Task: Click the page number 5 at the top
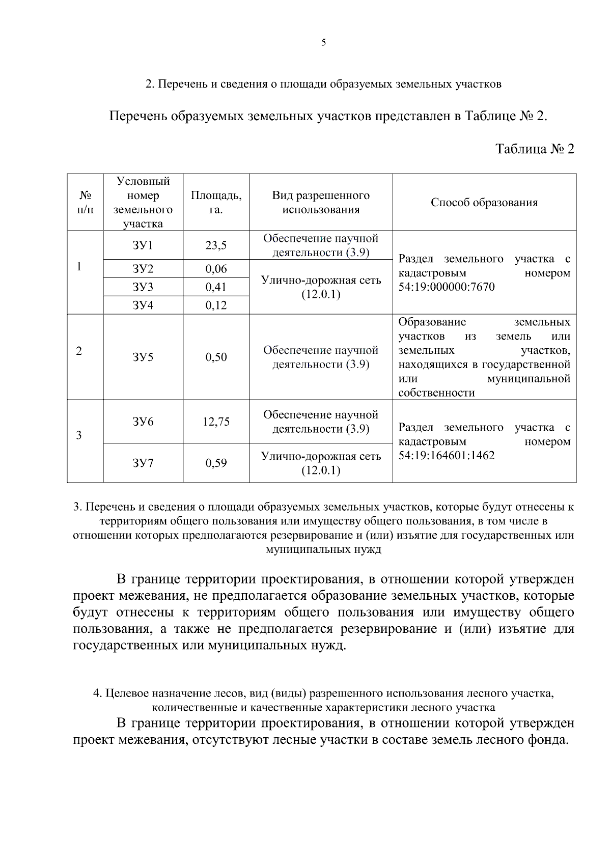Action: tap(323, 43)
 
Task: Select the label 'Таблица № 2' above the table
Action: tap(535, 149)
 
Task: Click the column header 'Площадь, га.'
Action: tap(216, 203)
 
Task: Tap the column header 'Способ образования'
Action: tap(484, 203)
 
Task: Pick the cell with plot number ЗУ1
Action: tap(143, 245)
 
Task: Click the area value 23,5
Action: tap(216, 245)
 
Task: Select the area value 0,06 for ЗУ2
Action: tap(216, 269)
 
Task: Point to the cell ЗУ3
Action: tap(143, 287)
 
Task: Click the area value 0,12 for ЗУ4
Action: tap(216, 305)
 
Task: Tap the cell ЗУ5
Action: tap(143, 357)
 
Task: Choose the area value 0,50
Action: tap(216, 357)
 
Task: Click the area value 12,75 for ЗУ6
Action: tap(216, 422)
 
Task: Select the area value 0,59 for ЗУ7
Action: tap(216, 463)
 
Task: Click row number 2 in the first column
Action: tap(79, 351)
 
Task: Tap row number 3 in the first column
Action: tap(79, 436)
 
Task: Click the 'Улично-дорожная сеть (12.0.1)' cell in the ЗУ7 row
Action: tap(321, 463)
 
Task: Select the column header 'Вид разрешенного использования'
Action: tap(321, 203)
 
